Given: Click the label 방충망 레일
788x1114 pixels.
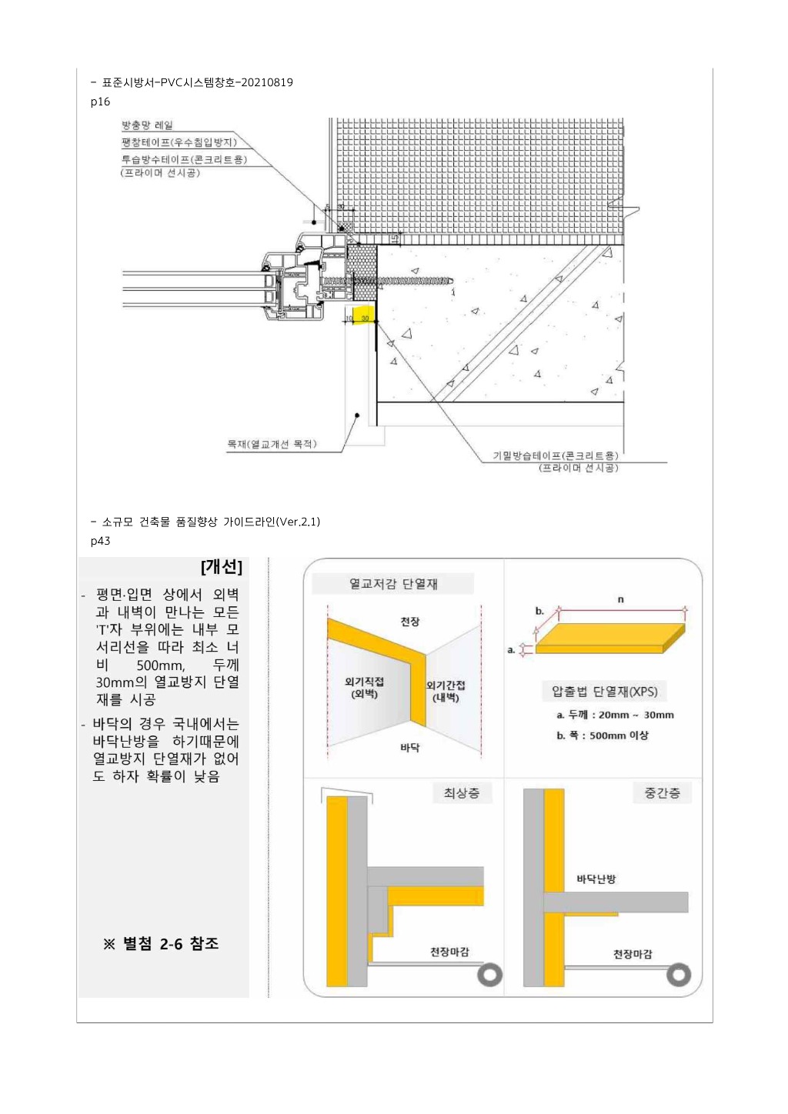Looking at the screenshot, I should coord(147,125).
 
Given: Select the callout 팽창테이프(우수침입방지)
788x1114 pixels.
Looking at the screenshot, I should coord(179,142).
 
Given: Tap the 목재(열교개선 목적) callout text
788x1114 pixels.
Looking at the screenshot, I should coord(272,444).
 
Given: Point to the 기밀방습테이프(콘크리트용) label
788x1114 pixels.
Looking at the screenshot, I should coord(556,455).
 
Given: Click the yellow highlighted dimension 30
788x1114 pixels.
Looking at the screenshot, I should coord(365,318).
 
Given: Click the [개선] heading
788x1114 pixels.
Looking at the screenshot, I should coord(221,567).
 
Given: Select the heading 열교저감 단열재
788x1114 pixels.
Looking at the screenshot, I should coord(393,584).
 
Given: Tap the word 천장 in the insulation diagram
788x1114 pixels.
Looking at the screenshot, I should coord(410,622).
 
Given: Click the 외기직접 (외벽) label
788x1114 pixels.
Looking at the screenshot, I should coord(364,688).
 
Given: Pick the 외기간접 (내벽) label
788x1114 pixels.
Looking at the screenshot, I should coord(446,691).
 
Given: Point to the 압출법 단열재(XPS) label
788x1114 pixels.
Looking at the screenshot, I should coord(604,691).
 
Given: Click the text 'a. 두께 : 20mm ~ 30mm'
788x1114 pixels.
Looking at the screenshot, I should coord(616,715).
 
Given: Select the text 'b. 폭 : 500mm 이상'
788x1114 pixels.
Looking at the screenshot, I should coord(602,735).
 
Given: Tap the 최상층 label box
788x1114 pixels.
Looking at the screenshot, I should coord(462,793).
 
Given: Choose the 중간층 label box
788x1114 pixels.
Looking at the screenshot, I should coord(662,793).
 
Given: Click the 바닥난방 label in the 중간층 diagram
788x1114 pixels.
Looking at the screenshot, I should coord(596,879).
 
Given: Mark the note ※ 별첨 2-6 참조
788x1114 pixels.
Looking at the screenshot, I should coord(161,944).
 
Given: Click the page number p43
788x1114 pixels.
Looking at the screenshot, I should coord(100,541).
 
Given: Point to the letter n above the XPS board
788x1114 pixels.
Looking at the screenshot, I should coord(621,599).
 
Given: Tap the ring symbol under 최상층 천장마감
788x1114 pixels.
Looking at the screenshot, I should coord(489,976).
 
